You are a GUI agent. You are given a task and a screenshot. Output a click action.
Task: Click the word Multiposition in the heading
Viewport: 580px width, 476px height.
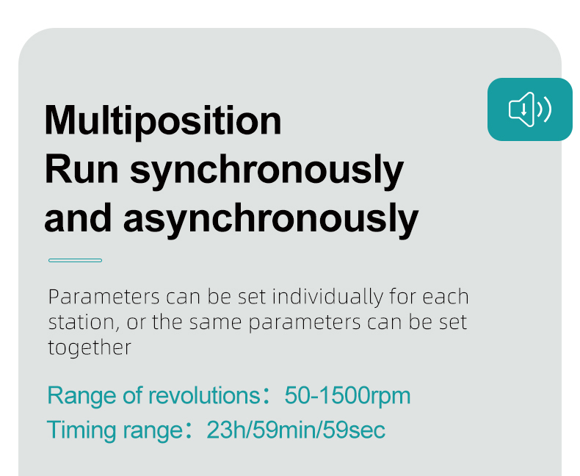163,121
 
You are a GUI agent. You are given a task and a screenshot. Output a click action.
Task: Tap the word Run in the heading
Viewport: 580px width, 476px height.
81,170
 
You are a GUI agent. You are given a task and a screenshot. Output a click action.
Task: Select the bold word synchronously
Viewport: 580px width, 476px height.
267,172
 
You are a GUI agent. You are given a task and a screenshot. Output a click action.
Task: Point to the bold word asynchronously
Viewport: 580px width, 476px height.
271,220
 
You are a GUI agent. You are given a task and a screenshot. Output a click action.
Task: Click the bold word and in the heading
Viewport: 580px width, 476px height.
78,218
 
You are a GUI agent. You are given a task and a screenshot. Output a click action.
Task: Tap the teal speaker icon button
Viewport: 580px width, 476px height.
529,109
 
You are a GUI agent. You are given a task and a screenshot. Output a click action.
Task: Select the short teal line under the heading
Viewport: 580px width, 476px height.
75,261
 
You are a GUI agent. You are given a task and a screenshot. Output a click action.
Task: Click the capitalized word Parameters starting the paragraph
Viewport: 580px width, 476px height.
104,297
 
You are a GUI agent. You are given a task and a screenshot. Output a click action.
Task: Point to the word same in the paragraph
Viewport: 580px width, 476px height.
215,322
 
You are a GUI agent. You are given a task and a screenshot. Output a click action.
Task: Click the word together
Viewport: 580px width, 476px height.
90,348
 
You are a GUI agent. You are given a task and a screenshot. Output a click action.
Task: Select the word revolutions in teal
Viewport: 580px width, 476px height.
205,395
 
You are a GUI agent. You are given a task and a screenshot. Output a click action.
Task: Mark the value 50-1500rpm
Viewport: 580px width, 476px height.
347,396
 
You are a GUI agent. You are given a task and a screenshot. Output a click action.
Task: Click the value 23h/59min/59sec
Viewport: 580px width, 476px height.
296,430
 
